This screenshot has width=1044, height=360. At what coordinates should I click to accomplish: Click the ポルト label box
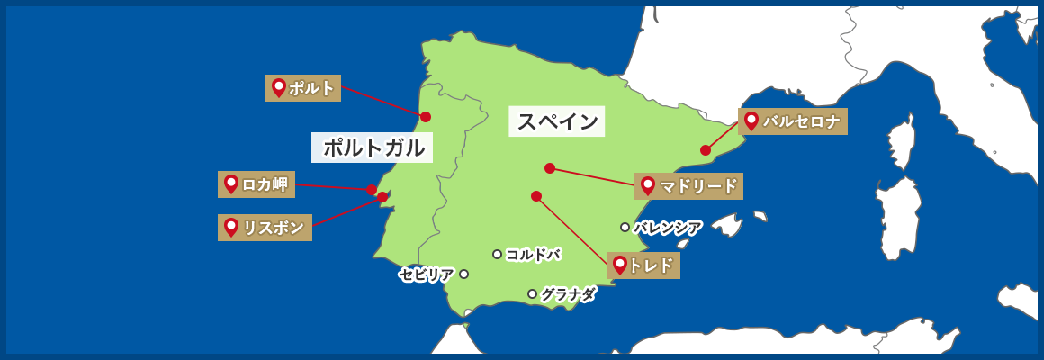(303, 88)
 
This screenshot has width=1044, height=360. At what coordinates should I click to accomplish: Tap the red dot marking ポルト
(426, 117)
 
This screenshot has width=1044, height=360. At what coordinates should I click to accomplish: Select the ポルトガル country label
(373, 148)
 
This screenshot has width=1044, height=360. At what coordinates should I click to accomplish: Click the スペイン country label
(557, 121)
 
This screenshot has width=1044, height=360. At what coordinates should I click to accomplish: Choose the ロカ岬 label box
(256, 184)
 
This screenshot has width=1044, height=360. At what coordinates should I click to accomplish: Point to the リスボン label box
(265, 228)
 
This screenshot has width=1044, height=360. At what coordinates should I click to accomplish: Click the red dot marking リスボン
(382, 197)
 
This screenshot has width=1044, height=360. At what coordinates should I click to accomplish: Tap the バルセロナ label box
(792, 121)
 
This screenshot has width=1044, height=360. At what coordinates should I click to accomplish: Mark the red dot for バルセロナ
(706, 150)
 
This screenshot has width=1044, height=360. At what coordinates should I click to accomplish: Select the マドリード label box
(688, 186)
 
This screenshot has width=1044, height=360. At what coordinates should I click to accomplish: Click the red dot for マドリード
(550, 168)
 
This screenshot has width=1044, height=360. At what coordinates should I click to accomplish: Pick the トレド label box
(643, 265)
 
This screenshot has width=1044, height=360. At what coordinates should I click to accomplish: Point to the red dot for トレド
(536, 196)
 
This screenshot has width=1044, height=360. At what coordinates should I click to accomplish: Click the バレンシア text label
(668, 228)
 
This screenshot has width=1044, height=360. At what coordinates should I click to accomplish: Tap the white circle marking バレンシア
(625, 227)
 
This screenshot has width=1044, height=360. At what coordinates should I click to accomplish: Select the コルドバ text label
(533, 255)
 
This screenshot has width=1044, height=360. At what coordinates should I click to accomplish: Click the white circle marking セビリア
(463, 274)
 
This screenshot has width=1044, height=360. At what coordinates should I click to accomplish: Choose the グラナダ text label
(568, 294)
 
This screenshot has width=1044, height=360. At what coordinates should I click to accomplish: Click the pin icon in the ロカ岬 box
(231, 184)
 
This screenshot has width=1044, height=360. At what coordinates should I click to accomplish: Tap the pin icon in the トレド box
(619, 265)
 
